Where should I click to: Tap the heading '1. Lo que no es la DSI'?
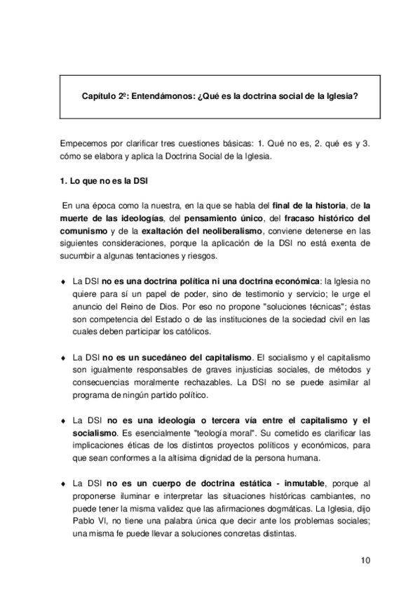pyautogui.click(x=104, y=181)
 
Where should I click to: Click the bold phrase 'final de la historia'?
pyautogui.click(x=309, y=205)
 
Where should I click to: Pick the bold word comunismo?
pyautogui.click(x=83, y=230)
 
